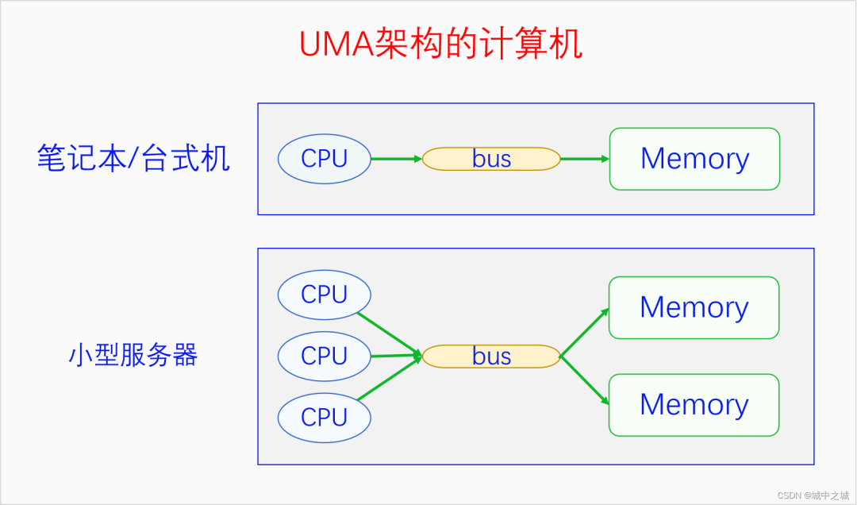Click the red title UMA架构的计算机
(440, 44)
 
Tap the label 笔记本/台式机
(133, 159)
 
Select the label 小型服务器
(133, 356)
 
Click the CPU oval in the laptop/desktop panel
(325, 159)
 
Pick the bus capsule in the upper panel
(491, 159)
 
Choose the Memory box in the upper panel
(694, 159)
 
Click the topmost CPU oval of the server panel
(325, 295)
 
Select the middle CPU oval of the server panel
(325, 356)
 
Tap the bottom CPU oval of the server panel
(325, 417)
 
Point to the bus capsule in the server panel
(491, 357)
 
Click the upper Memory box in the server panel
(694, 307)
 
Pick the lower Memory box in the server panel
(694, 405)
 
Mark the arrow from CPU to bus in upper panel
(396, 159)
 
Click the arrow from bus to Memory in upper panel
(584, 159)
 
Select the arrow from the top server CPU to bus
(389, 333)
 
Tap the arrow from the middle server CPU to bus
(395, 356)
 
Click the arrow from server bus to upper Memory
(585, 332)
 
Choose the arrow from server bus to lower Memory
(585, 381)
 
